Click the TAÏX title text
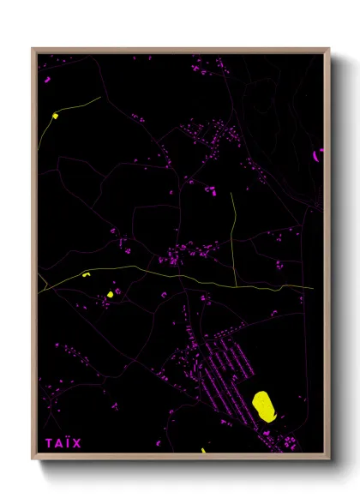64,443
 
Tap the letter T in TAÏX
50,443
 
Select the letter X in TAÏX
78,443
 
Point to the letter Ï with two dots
69,443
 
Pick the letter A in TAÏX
59,443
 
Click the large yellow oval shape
265,405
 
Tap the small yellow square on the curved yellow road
55,115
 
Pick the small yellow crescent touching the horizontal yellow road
86,274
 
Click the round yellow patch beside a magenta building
110,294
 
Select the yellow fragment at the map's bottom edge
202,450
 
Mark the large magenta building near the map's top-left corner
47,80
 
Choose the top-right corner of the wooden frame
329,49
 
